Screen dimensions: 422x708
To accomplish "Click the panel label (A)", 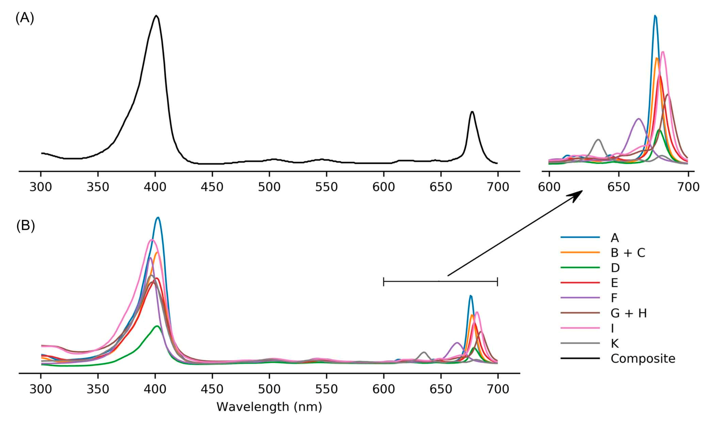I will pos(25,19).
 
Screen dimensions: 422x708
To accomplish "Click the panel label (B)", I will pos(25,226).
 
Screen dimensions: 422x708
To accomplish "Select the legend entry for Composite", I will pos(643,359).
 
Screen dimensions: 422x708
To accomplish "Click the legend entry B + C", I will pos(628,253).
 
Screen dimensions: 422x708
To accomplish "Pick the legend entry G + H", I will pos(628,313).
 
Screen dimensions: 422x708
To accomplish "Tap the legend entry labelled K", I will pos(615,344).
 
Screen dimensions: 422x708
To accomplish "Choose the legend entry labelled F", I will pos(614,298).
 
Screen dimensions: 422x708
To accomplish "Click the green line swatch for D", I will pos(580,268).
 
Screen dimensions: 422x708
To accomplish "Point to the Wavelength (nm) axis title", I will pos(269,407).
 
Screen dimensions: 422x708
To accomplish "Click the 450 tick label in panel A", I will pos(212,187).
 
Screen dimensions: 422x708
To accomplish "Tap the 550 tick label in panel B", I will pos(326,389).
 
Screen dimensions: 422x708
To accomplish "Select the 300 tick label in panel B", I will pos(41,389).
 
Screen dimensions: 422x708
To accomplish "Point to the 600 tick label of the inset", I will pos(549,187).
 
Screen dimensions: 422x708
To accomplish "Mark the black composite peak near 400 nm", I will pos(156,16).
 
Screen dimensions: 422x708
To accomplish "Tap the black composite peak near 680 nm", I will pos(472,112).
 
